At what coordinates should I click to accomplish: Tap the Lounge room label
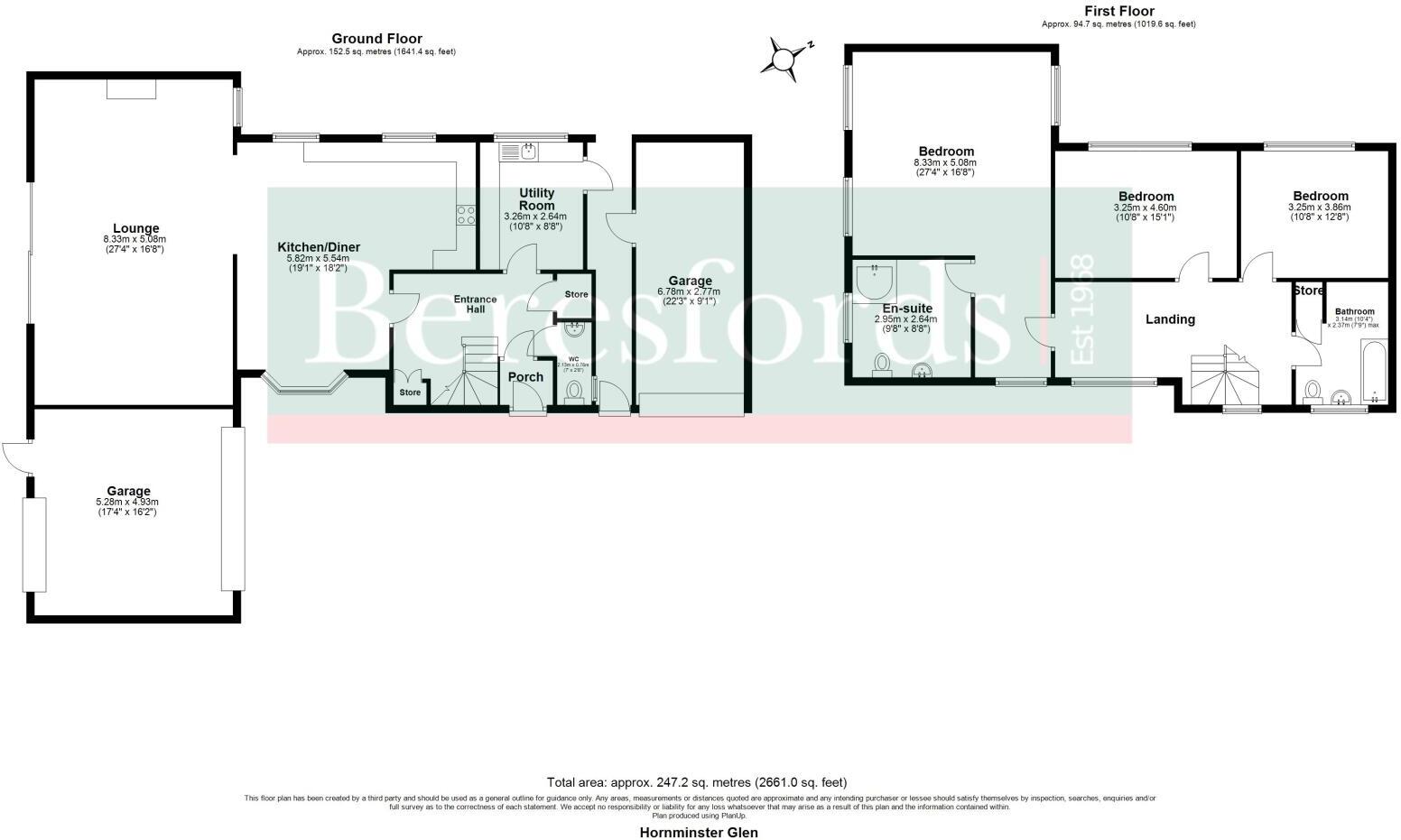coord(136,228)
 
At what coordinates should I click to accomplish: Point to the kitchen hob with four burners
coord(466,215)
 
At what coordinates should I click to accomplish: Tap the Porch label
coord(525,376)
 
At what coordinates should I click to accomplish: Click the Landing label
coord(1170,319)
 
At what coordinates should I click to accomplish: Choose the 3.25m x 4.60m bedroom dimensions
coord(1146,212)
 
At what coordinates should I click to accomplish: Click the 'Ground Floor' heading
coord(376,39)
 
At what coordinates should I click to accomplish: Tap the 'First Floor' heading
coord(1118,11)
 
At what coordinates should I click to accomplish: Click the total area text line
coord(696,782)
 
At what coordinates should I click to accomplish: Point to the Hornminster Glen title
coord(699,832)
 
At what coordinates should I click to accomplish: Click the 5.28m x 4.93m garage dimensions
coord(129,507)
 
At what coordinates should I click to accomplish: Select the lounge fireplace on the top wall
coord(131,88)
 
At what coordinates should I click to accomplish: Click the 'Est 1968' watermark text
coord(1081,310)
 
